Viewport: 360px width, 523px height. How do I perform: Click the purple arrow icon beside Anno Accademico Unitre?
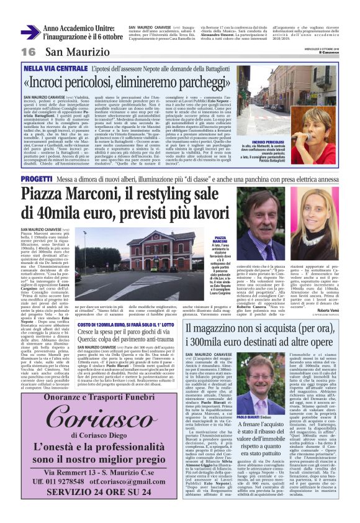(30, 32)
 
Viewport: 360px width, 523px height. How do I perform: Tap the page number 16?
(28, 51)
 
